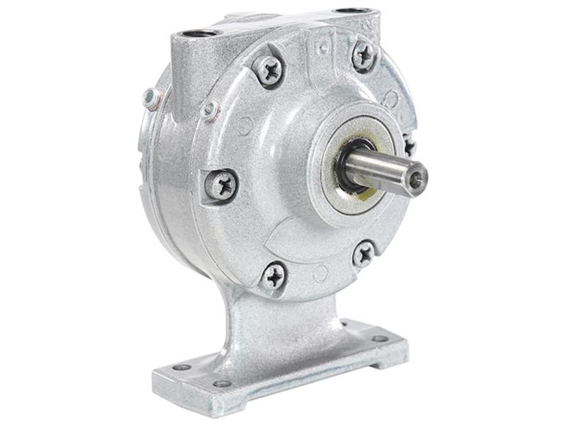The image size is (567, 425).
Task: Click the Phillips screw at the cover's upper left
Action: tap(269, 69)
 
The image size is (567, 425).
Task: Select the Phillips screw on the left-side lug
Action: tap(221, 186)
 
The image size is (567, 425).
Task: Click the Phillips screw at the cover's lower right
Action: tap(364, 253)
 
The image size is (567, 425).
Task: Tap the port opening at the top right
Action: tap(352, 11)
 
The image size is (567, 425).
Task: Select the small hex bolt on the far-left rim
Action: tap(150, 98)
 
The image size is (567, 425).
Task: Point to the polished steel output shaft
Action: tap(386, 171)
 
